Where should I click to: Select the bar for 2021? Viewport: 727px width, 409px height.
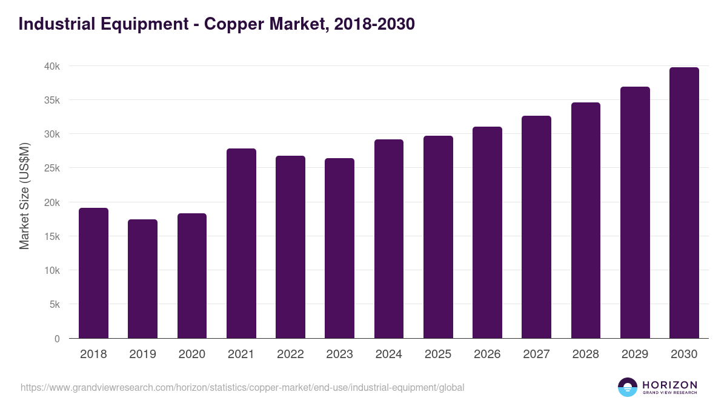tap(241, 244)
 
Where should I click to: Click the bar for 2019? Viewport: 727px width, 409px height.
tap(142, 279)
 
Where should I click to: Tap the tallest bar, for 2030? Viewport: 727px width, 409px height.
tap(684, 203)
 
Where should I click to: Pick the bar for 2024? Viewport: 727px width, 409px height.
tap(389, 239)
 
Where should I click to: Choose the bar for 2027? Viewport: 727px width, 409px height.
tap(536, 227)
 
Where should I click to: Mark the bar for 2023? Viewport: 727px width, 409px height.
tap(339, 248)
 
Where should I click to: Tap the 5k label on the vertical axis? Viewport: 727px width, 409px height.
tap(55, 304)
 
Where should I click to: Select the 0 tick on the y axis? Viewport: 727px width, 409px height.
tap(57, 339)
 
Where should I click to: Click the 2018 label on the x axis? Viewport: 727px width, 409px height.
tap(93, 354)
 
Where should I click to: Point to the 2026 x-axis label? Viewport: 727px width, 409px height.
tap(487, 354)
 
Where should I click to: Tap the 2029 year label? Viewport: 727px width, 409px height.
tap(635, 354)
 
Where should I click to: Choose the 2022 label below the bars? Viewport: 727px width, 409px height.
tap(290, 354)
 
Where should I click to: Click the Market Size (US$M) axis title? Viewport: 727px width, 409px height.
tap(24, 195)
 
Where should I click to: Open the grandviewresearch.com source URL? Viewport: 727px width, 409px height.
tap(242, 387)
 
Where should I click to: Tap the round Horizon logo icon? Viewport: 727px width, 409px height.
tap(628, 387)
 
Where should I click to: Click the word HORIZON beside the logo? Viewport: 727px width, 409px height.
tap(669, 384)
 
